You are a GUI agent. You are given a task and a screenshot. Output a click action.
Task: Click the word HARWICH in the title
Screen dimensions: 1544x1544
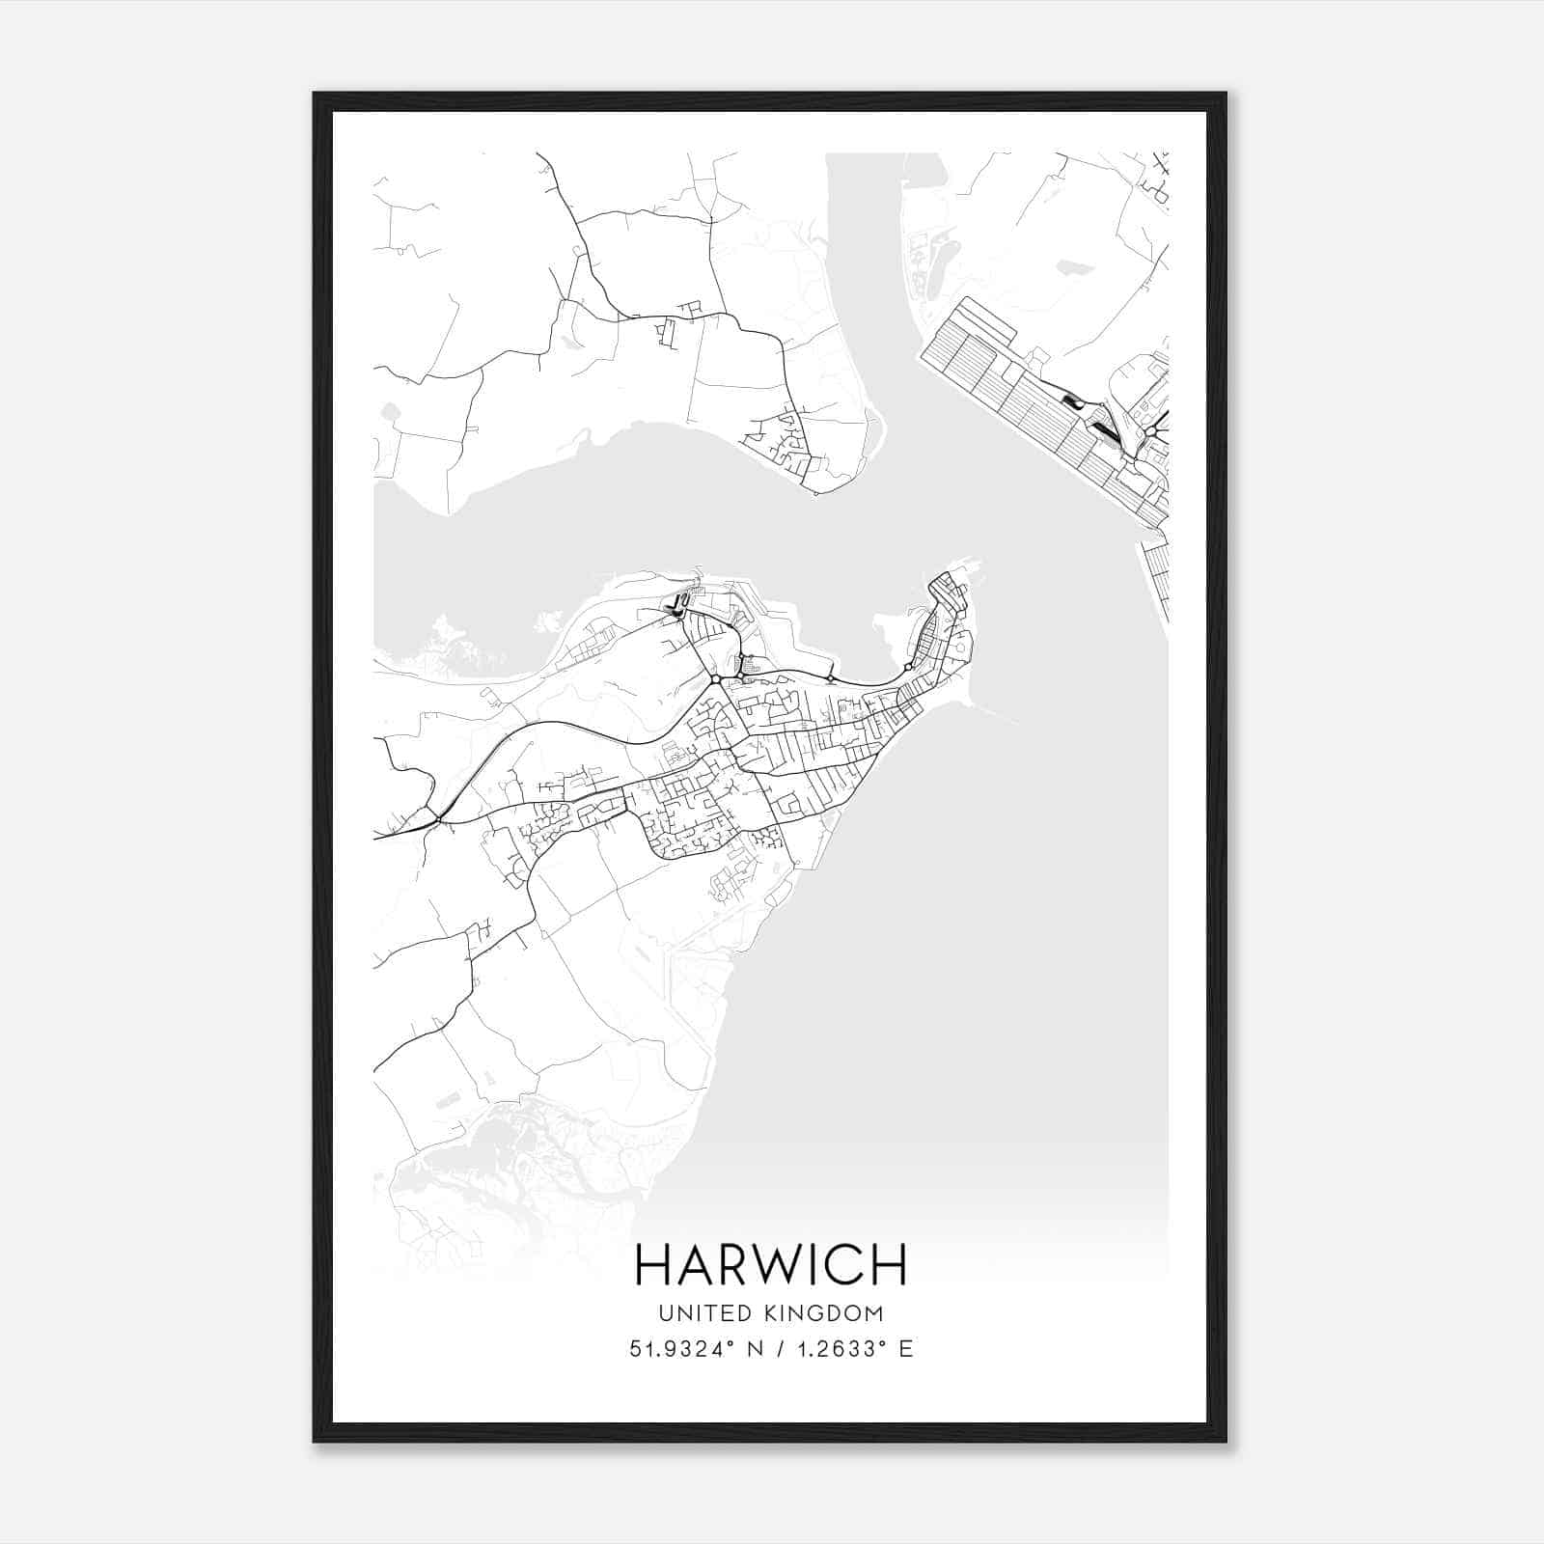771,1264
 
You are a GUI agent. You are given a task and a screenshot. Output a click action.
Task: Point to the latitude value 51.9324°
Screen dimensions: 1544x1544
675,1349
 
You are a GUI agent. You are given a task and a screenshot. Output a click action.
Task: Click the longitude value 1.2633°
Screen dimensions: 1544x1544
837,1349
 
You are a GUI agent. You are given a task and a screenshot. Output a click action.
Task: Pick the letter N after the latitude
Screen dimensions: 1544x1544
742,1349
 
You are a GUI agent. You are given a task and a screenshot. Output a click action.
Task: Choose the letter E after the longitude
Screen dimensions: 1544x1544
905,1349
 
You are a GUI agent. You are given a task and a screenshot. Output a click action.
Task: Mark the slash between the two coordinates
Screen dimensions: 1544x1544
769,1349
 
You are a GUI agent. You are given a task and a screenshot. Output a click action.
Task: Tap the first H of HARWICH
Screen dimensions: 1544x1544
652,1264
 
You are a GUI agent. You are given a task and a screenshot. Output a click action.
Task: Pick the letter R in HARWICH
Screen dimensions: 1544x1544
731,1264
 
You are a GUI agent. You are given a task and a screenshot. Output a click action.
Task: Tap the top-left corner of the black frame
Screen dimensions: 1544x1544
316,95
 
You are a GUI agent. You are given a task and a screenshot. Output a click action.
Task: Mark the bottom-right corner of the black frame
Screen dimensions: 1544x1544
1225,1440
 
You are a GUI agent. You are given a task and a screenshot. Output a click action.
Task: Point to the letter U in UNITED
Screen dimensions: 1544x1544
665,1313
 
